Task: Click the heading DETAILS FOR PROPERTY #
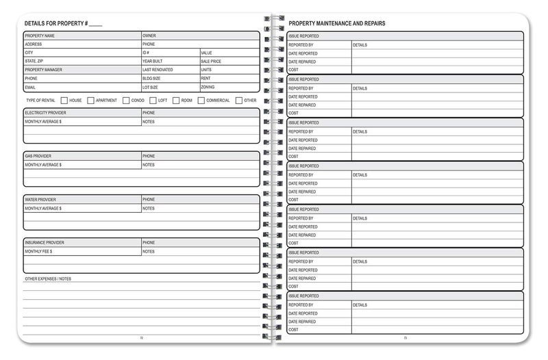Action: [63, 24]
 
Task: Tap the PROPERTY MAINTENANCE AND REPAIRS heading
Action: [336, 23]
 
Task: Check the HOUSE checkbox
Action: [64, 101]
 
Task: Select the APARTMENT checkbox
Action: [91, 101]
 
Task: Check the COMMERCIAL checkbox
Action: [201, 101]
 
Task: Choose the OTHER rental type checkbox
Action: [238, 101]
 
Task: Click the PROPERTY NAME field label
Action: [40, 36]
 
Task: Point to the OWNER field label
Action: [149, 36]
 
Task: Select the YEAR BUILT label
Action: [152, 61]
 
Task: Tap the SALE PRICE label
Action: [211, 61]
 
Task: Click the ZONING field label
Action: [208, 87]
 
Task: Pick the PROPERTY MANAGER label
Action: [43, 70]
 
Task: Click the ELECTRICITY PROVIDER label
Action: [45, 113]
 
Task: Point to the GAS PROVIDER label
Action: [38, 156]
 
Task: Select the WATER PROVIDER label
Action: [40, 200]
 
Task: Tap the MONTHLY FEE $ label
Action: [39, 252]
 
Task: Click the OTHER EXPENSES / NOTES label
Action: [48, 279]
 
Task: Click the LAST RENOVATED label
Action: [158, 70]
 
